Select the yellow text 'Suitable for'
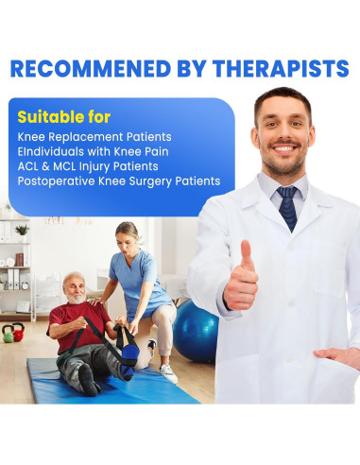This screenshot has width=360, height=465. coord(63,117)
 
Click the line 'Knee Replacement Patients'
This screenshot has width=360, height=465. coord(94,137)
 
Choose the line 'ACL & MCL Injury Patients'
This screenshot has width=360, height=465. coord(94,166)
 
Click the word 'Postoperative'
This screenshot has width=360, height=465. coord(59,181)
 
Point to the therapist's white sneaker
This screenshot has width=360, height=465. coord(167,372)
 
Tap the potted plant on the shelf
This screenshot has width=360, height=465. coord(22,230)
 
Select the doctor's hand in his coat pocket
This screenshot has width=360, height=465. coord(341,356)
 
